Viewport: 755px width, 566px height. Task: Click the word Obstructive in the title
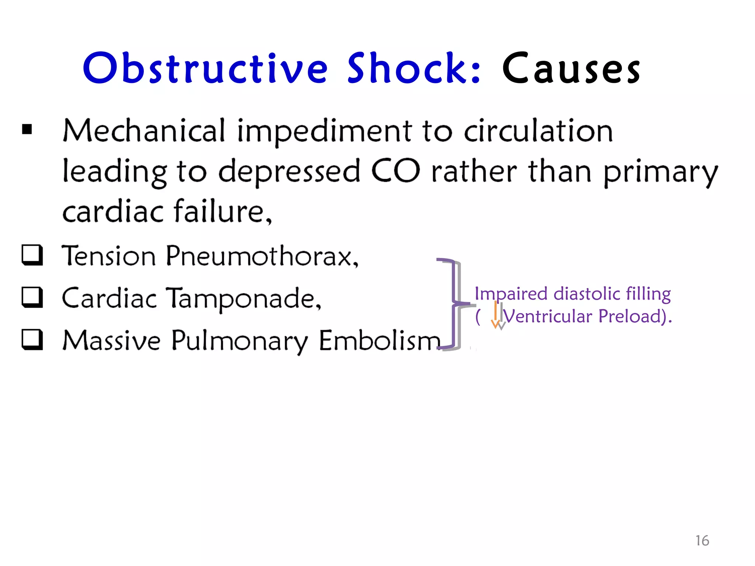pos(205,68)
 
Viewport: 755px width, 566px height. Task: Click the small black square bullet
pos(27,129)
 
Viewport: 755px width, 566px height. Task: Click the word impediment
pos(324,132)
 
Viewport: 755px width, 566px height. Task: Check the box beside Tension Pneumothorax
pos(32,255)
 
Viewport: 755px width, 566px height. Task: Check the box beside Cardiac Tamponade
pos(32,297)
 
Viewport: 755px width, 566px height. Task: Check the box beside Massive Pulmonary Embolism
pos(32,339)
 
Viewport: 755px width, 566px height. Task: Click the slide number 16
pos(702,541)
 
